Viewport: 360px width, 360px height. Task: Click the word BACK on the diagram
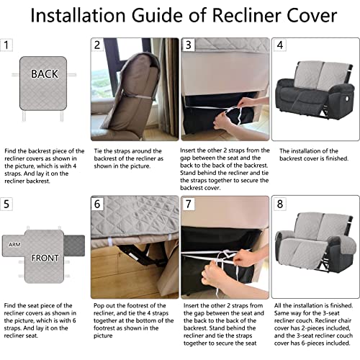pyautogui.click(x=45, y=73)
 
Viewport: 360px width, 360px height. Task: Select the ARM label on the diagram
pyautogui.click(x=14, y=245)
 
